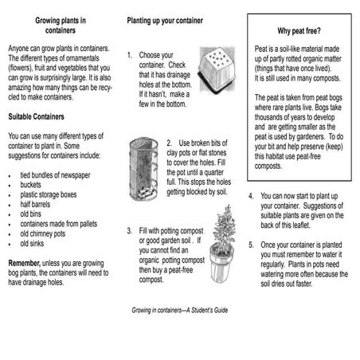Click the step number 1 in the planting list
[129, 55]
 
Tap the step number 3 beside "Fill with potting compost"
[129, 231]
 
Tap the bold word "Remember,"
[29, 264]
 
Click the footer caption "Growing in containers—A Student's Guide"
[180, 309]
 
